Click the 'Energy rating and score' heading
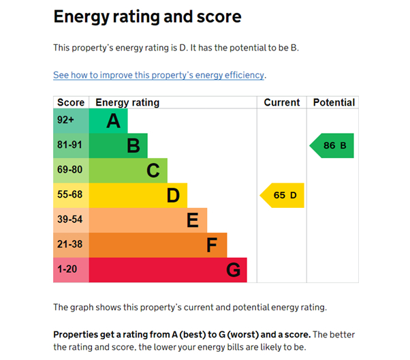point(147,16)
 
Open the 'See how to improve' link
point(159,75)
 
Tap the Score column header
point(71,102)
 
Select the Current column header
point(281,102)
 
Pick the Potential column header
point(333,102)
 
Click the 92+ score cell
point(66,121)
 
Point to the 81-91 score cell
point(69,145)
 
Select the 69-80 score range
point(69,170)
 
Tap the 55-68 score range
point(69,195)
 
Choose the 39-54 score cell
point(69,220)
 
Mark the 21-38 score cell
point(69,245)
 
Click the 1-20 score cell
point(67,269)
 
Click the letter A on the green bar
point(113,121)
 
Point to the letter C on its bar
point(153,170)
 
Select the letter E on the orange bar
point(193,220)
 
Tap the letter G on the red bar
point(233,270)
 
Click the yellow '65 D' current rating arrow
point(283,196)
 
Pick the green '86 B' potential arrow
point(333,146)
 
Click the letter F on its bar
point(212,245)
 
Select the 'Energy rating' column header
point(127,102)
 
